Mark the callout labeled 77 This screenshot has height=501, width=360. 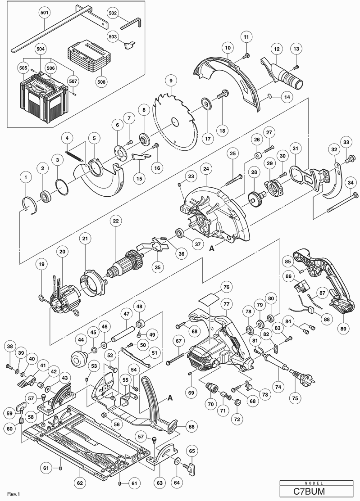pos(227,304)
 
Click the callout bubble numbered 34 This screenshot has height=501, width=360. pos(351,182)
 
